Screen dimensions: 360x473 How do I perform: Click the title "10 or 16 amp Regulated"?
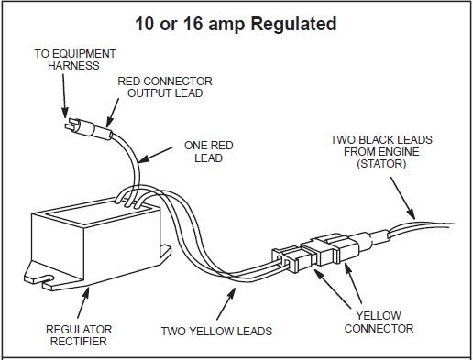point(236,24)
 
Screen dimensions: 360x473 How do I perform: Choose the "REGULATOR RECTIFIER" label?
point(79,335)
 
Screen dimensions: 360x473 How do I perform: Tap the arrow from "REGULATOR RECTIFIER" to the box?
point(83,300)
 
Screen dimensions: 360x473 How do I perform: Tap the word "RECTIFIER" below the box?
point(79,342)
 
